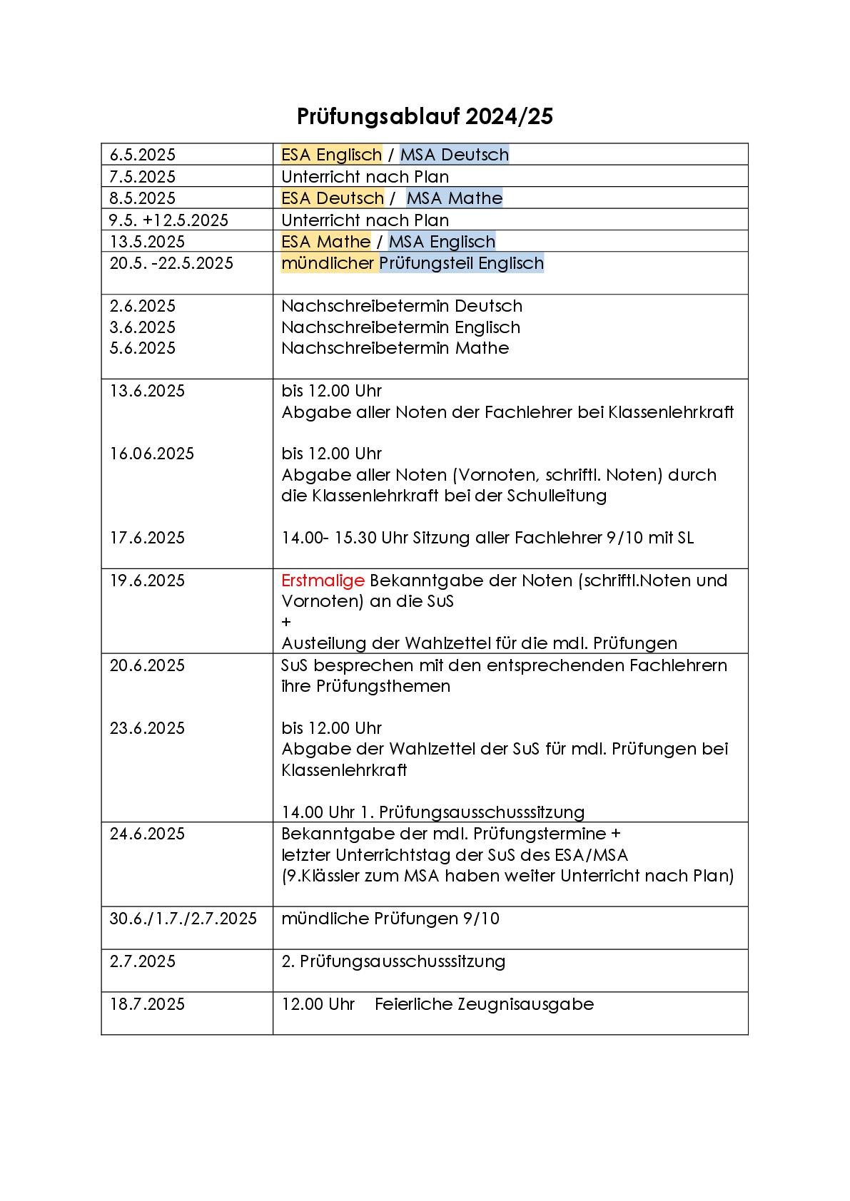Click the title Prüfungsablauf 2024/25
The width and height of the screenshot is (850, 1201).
(425, 116)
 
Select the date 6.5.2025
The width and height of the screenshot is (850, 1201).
(142, 155)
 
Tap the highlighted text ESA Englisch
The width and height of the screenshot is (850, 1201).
(331, 155)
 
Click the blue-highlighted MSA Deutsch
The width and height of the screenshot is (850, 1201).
(454, 155)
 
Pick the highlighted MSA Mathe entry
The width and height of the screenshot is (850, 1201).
(454, 198)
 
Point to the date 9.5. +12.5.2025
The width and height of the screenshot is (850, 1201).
(168, 220)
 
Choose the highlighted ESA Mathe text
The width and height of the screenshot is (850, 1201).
(325, 242)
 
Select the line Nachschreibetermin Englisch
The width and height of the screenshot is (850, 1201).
(400, 327)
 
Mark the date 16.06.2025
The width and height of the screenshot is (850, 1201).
(151, 454)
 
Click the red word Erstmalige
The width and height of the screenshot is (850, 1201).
(323, 581)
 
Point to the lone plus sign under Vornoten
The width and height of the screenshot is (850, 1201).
(286, 622)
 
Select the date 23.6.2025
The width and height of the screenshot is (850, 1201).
(148, 728)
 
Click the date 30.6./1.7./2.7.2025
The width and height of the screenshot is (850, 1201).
(183, 919)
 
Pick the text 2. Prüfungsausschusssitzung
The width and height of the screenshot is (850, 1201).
(393, 961)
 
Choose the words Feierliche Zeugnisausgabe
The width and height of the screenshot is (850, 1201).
(484, 1004)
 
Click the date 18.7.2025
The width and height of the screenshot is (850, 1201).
(147, 1004)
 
